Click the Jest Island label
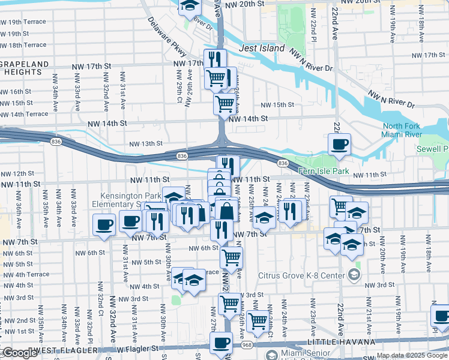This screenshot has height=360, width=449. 262,48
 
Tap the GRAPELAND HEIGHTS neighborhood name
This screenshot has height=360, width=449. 23,67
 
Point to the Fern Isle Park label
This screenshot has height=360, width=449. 324,171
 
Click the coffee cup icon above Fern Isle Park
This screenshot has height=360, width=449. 340,144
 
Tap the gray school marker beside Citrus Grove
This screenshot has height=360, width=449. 354,275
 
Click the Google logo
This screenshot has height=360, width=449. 19,353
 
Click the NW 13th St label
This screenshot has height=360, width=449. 146,143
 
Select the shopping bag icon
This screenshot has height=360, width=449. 227,211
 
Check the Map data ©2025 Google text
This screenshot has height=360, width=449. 412,356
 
